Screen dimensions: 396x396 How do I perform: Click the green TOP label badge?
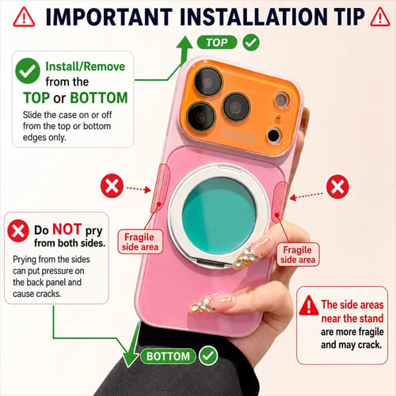point(217,42)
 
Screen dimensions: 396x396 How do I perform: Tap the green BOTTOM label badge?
point(168,356)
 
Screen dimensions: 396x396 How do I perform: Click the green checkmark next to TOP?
point(251,42)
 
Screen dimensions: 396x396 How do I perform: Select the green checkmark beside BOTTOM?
point(208,356)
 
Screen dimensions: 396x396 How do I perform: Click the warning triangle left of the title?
point(24,17)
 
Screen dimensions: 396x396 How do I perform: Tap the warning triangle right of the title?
point(380,17)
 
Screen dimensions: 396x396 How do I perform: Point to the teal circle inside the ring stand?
point(219,215)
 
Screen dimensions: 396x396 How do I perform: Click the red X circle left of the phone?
point(112,185)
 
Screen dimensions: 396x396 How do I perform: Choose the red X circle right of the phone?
point(337,187)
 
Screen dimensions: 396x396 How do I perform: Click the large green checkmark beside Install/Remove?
point(28,70)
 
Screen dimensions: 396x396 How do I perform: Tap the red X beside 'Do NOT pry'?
point(18,230)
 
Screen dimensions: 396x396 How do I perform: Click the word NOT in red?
point(67,229)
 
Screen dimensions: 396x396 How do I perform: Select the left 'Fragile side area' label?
point(140,242)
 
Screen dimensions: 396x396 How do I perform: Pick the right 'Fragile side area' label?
point(298,254)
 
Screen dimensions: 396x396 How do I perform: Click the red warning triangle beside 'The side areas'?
point(309,306)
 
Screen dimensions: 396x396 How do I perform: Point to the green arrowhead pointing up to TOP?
point(185,44)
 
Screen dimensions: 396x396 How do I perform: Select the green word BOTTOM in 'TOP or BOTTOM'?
point(99,97)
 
